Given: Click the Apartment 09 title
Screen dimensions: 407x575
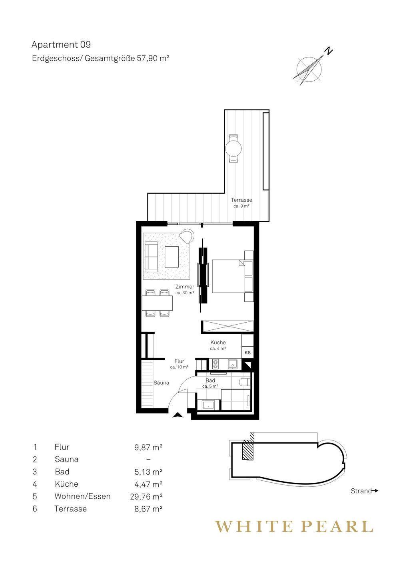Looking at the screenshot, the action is pyautogui.click(x=61, y=45).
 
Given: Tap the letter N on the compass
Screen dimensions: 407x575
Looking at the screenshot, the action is pyautogui.click(x=329, y=51).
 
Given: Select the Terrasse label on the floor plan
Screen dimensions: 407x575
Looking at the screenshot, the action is pyautogui.click(x=241, y=200).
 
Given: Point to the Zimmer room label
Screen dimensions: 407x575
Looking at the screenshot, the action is pyautogui.click(x=185, y=286).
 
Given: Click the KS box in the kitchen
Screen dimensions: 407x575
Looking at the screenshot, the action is pyautogui.click(x=247, y=353).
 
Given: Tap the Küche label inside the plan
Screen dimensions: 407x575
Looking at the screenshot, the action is pyautogui.click(x=218, y=342).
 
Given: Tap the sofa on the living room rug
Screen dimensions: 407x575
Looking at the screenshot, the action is pyautogui.click(x=152, y=257).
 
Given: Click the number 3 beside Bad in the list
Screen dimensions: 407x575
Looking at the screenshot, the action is pyautogui.click(x=35, y=472).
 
